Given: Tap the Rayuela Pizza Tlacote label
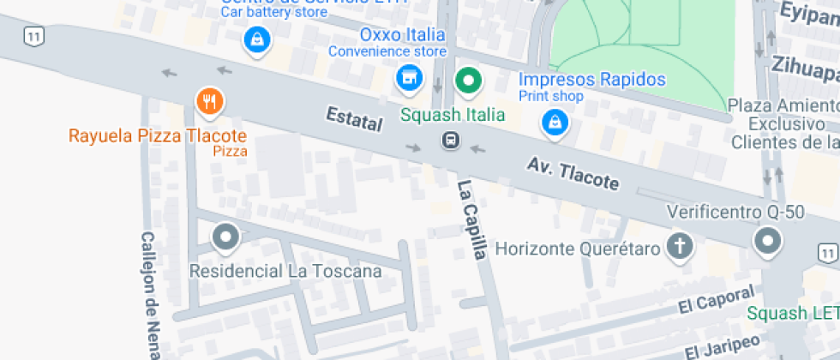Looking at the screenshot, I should (158, 136).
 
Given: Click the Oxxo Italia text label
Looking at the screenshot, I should (402, 35).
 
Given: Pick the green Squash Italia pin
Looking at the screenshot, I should (468, 82).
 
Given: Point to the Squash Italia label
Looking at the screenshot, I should (453, 114).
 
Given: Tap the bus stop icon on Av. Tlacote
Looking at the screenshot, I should (449, 140).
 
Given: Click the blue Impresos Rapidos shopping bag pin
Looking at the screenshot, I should (555, 123).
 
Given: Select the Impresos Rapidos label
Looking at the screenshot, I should (592, 80).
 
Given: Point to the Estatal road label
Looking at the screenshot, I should (353, 119).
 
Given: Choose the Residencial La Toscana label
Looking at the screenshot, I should (285, 272).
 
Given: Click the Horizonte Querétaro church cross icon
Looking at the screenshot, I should (679, 247).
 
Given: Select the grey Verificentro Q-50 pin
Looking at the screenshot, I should (767, 243).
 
